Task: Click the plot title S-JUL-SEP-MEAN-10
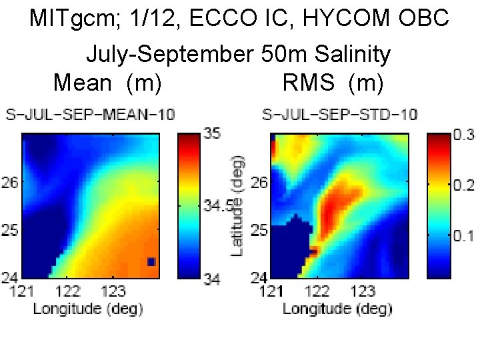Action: point(90,115)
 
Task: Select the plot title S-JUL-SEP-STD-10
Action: point(339,115)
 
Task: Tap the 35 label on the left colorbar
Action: point(212,134)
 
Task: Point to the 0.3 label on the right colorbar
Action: point(464,135)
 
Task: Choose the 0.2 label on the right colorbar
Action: point(464,185)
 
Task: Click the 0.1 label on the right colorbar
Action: point(464,235)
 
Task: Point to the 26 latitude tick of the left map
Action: point(11,181)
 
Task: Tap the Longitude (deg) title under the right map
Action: point(337,308)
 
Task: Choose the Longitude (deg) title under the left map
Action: point(87,308)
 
